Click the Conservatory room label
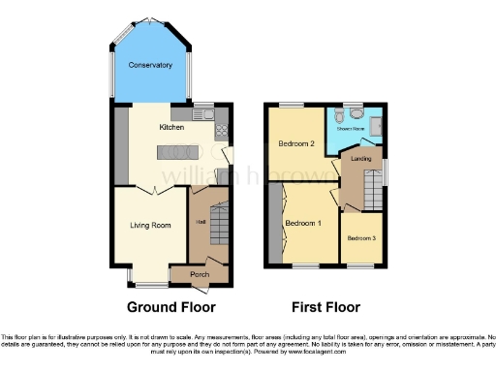click(150, 66)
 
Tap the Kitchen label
click(171, 126)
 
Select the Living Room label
click(150, 226)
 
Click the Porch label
click(200, 275)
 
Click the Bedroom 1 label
click(304, 223)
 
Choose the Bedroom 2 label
click(297, 143)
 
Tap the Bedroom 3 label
click(361, 237)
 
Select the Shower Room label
click(350, 127)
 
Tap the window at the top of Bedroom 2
click(292, 103)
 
